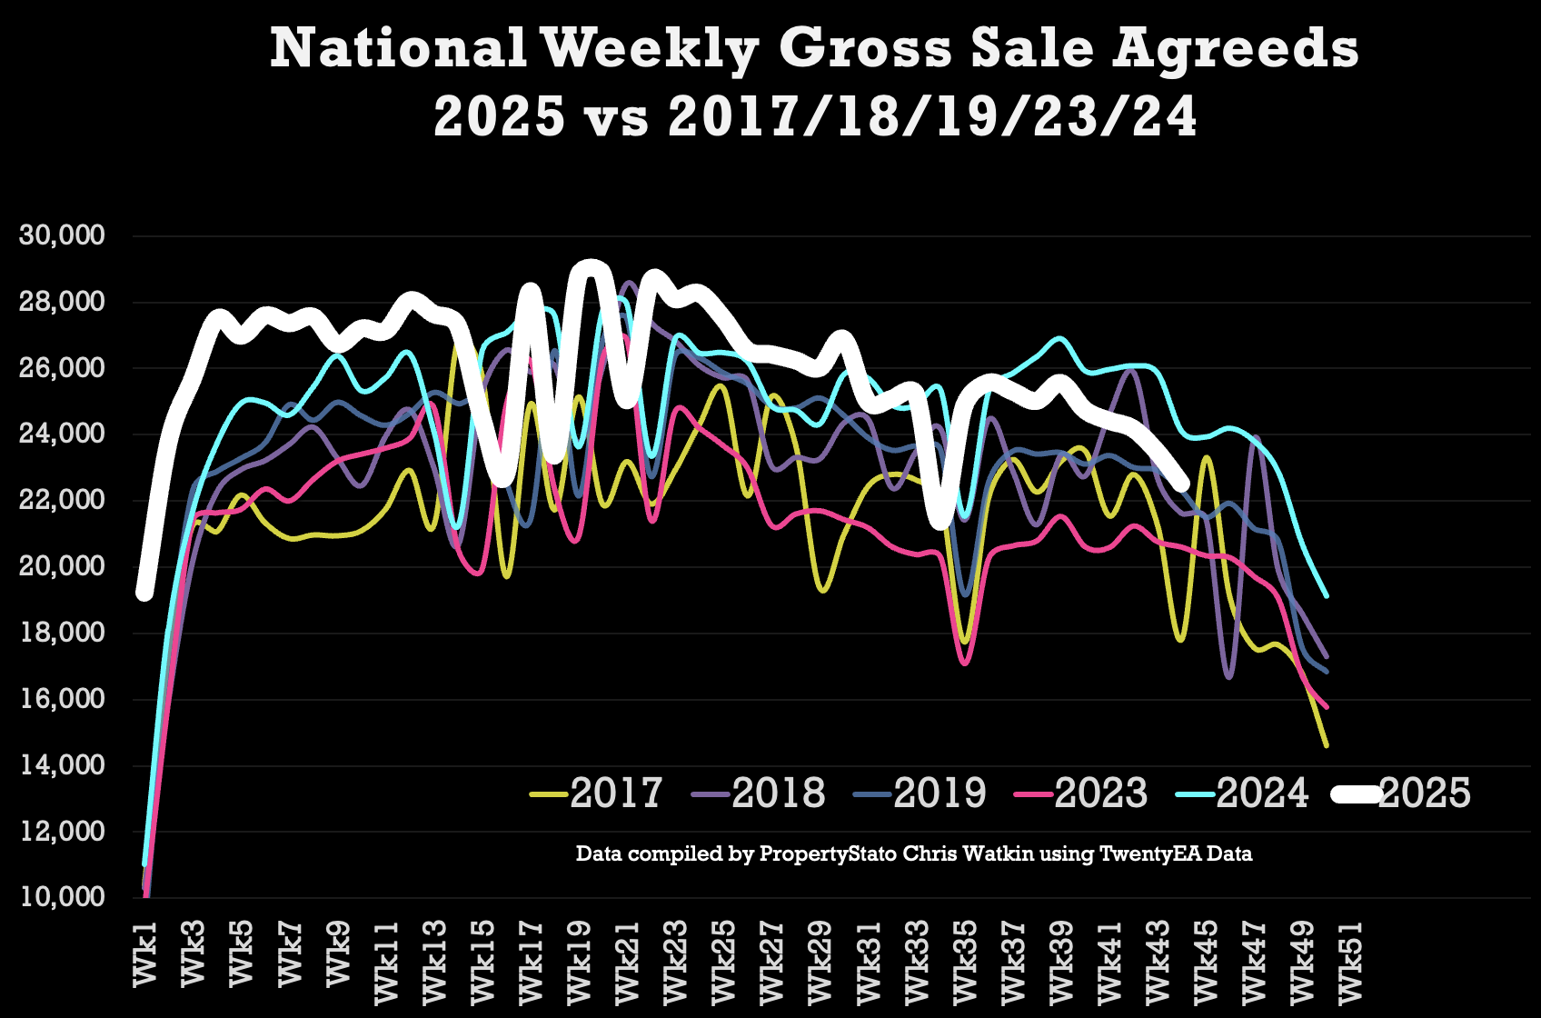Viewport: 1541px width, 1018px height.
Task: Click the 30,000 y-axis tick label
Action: coord(62,235)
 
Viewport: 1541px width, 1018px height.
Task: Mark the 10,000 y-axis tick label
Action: coord(62,897)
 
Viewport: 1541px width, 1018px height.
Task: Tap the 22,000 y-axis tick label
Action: coord(62,500)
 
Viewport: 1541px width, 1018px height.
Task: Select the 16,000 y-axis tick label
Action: coord(62,699)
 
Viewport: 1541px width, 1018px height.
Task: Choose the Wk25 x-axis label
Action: coord(723,960)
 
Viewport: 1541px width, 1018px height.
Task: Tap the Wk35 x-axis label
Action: coord(964,960)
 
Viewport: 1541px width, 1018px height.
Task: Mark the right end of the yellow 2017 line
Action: coord(1327,746)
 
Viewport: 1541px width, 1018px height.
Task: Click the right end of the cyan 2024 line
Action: coord(1327,596)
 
